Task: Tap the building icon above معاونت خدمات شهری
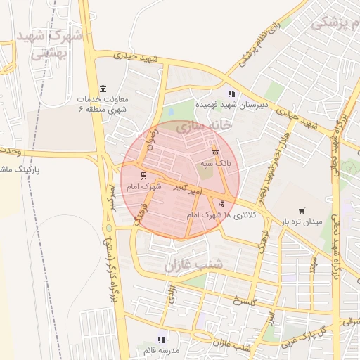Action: [x=103, y=89]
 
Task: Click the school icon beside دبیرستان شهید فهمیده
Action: [x=230, y=94]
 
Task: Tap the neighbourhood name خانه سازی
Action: [x=204, y=127]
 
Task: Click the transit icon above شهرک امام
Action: [x=144, y=176]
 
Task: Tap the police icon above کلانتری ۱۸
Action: [x=223, y=205]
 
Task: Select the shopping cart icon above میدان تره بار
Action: [x=302, y=210]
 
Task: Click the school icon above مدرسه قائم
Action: [x=162, y=339]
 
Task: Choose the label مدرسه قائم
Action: [x=162, y=350]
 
